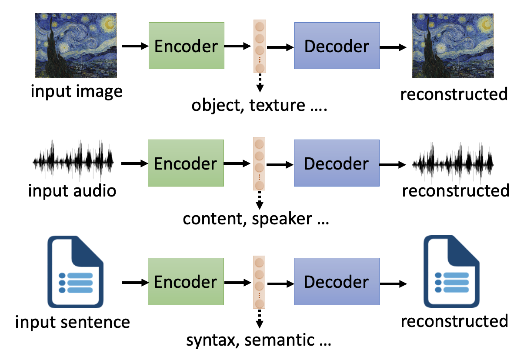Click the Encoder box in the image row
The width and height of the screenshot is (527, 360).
tap(186, 46)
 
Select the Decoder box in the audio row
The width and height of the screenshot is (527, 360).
tap(337, 163)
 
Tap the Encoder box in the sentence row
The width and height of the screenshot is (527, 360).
tap(186, 281)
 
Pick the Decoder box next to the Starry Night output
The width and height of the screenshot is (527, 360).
tap(337, 46)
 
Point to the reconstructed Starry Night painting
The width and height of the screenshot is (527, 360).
tap(453, 45)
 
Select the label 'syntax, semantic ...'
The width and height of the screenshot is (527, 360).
tap(259, 340)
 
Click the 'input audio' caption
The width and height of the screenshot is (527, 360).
tap(72, 190)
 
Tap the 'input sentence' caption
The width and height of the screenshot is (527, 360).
tap(72, 322)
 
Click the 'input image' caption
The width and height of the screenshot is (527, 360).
tap(77, 91)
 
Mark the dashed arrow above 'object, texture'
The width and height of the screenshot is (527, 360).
tap(260, 82)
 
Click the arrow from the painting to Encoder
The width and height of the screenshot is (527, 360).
tap(135, 46)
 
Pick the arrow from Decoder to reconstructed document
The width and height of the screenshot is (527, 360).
tap(394, 283)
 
